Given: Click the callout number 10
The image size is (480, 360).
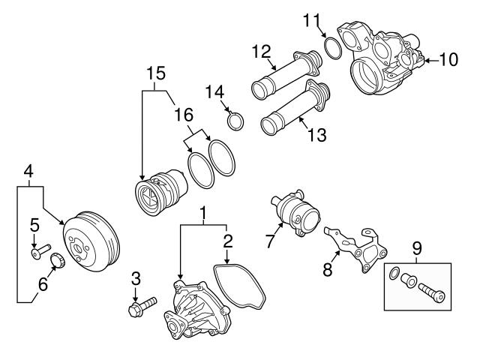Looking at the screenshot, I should pos(448,59).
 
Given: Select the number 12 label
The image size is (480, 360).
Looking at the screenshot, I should pos(260,52).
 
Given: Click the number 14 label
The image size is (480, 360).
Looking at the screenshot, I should pos(216,91).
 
